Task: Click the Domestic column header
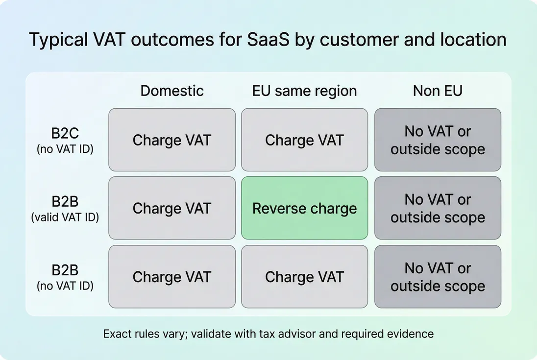tap(172, 91)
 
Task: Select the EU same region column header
tap(304, 91)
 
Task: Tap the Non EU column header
tap(438, 91)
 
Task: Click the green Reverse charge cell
tap(304, 208)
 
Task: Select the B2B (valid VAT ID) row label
tap(65, 209)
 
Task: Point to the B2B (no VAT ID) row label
tap(65, 277)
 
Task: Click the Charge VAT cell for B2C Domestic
tap(172, 140)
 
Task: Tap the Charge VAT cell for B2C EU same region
tap(304, 140)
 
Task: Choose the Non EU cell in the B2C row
tap(438, 140)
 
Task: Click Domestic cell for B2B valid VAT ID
tap(172, 208)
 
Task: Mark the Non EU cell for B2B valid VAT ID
tap(438, 208)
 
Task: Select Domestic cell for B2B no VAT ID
tap(172, 277)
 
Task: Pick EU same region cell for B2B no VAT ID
tap(304, 277)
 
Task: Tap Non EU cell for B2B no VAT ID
tap(438, 277)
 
